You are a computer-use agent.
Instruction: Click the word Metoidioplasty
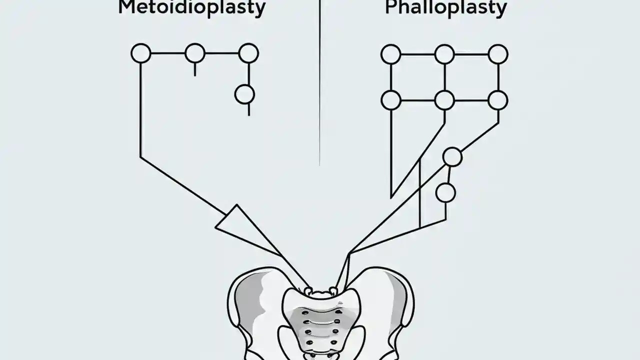tap(191, 8)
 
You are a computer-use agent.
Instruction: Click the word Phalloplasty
tap(446, 8)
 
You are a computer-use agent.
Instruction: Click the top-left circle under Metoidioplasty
tap(141, 53)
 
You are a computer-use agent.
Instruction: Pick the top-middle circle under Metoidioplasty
tap(195, 53)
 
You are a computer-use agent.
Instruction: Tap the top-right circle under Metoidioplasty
tap(248, 53)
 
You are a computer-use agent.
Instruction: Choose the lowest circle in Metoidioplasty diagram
tap(244, 94)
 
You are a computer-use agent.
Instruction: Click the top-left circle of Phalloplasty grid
tap(391, 54)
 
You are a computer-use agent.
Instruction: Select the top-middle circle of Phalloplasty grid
tap(444, 54)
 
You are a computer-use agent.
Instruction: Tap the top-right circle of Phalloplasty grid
tap(498, 54)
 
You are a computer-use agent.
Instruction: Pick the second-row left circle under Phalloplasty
tap(391, 100)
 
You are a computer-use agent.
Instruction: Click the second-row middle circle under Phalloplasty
tap(444, 100)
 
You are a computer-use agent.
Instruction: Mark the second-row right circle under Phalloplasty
tap(498, 100)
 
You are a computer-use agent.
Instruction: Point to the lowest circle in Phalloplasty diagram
tap(445, 192)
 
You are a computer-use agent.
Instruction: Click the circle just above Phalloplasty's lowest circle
tap(452, 157)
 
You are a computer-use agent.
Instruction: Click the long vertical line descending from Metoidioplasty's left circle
tap(140, 110)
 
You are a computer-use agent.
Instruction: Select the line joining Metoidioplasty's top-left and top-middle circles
tap(168, 53)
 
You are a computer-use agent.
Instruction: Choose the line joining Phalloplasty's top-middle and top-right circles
tap(471, 54)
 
